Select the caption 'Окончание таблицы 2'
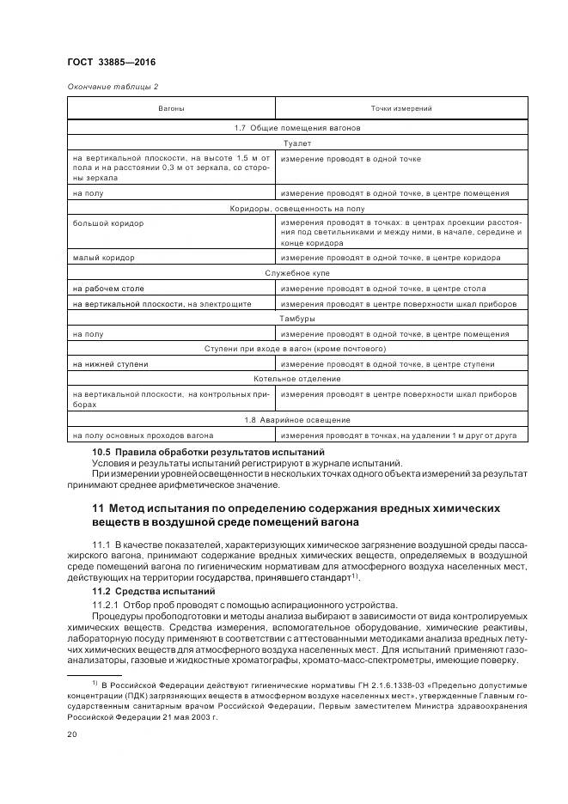[113, 86]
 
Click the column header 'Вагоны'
[170, 109]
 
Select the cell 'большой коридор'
[108, 223]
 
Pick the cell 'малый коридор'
[104, 257]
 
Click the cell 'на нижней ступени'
[111, 364]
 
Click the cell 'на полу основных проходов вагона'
[144, 435]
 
